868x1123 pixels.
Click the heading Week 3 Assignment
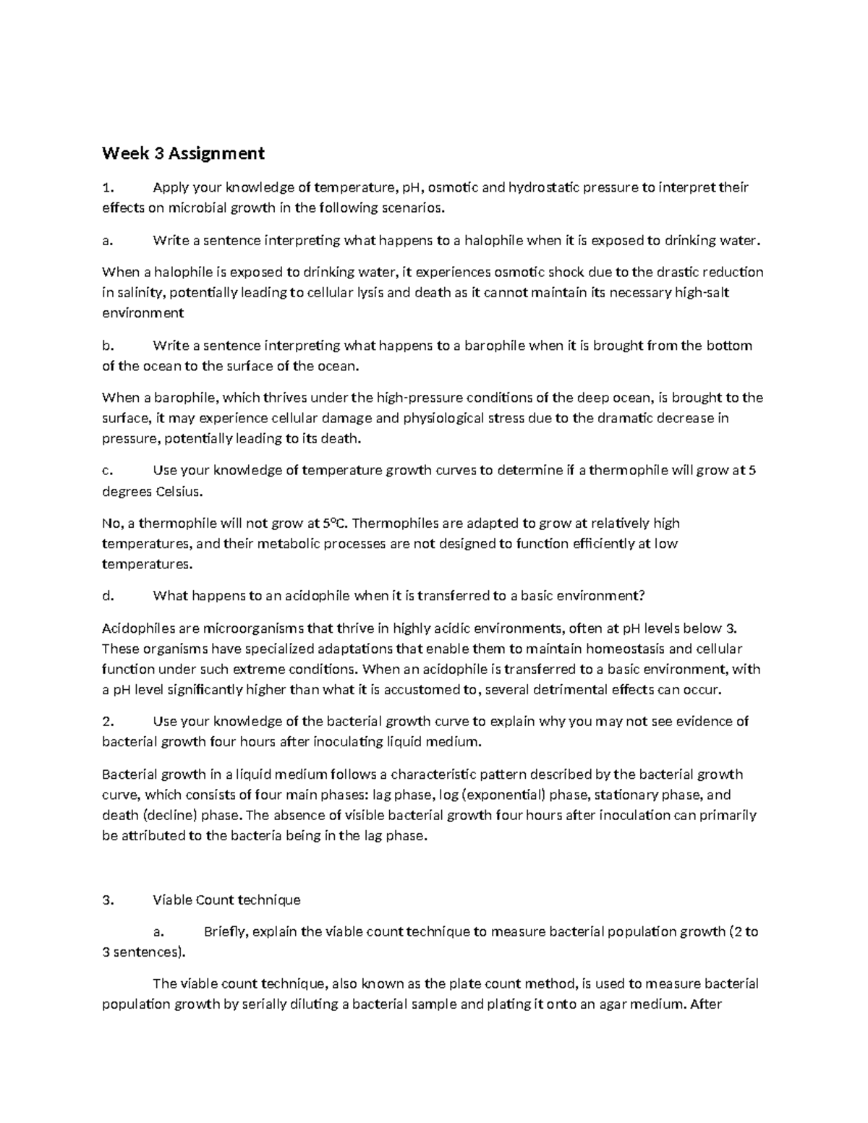point(183,153)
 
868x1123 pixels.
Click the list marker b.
point(107,346)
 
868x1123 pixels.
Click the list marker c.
point(107,471)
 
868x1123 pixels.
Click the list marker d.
point(107,597)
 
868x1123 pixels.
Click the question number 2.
point(107,722)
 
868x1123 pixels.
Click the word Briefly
point(225,932)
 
